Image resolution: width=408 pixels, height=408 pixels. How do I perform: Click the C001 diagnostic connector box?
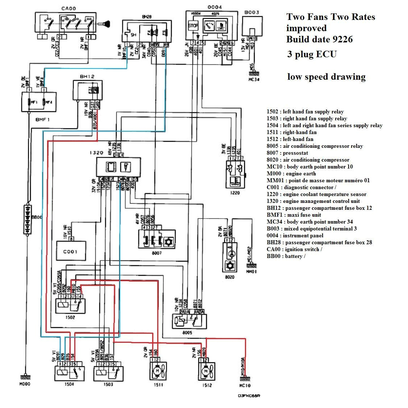[71, 251]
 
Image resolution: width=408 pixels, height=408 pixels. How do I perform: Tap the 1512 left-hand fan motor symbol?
[205, 371]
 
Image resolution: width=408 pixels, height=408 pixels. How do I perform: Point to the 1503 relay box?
[108, 373]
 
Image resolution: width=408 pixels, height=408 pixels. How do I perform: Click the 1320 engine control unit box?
[118, 167]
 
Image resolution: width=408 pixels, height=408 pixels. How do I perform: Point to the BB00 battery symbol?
[28, 220]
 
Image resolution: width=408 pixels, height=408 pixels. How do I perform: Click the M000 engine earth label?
[25, 384]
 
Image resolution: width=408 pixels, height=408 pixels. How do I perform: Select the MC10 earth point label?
[245, 386]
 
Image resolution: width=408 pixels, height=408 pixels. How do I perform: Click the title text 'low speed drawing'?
[326, 77]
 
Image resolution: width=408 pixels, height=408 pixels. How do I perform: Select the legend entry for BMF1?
[294, 215]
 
